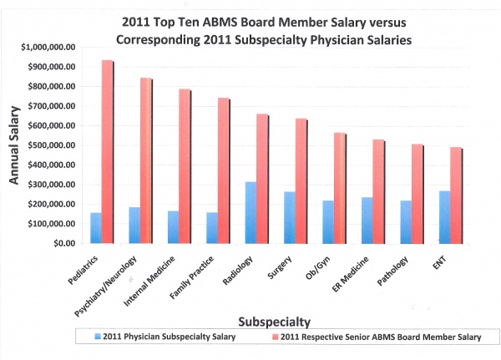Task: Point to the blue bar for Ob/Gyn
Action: [327, 221]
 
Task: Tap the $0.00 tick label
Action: [63, 243]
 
